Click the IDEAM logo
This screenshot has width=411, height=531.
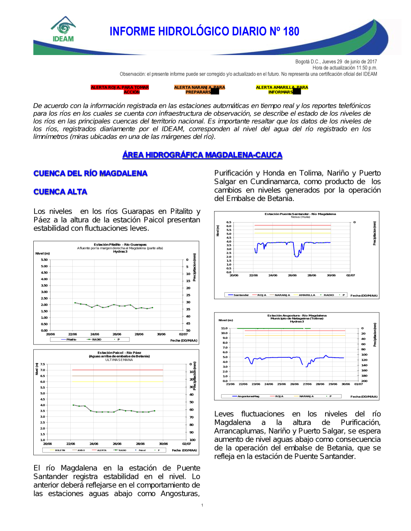(63, 29)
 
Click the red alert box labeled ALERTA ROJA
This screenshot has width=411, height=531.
(120, 90)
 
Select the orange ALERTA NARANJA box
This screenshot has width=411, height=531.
(199, 90)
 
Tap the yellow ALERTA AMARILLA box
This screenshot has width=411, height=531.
(282, 90)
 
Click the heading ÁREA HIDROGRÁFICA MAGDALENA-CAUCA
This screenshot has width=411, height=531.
(202, 155)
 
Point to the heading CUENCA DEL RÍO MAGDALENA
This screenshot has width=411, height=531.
(90, 173)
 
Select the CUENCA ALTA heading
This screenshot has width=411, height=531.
(60, 192)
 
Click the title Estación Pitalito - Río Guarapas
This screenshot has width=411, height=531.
(120, 244)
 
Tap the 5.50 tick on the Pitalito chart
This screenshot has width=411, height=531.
(44, 260)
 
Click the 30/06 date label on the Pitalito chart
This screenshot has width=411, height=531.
(161, 334)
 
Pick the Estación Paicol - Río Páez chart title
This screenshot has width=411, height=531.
(119, 353)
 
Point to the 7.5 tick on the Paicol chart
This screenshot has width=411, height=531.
(43, 364)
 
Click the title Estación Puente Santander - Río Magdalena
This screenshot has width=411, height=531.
(300, 214)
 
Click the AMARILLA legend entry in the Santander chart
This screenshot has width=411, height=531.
(307, 295)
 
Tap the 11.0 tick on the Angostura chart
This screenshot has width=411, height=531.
(224, 328)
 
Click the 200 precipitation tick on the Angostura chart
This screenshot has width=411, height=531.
(364, 381)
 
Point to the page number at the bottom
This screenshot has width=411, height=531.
(202, 505)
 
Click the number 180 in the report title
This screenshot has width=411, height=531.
(291, 32)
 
